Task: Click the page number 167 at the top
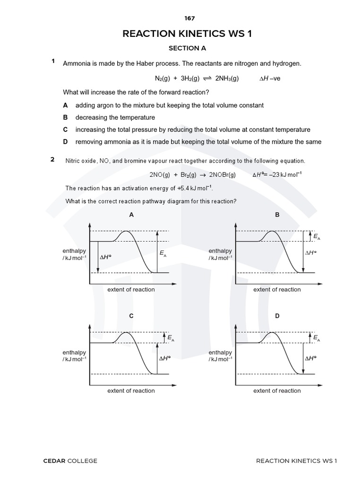pyautogui.click(x=189, y=18)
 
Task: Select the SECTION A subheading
pyautogui.click(x=188, y=48)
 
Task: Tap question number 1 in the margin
pyautogui.click(x=54, y=61)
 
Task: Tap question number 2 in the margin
pyautogui.click(x=52, y=159)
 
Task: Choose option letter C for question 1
pyautogui.click(x=65, y=130)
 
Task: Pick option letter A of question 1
pyautogui.click(x=65, y=105)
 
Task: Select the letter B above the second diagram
pyautogui.click(x=277, y=215)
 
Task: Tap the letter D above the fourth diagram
pyautogui.click(x=277, y=316)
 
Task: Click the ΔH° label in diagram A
pyautogui.click(x=106, y=257)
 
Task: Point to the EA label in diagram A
pyautogui.click(x=163, y=254)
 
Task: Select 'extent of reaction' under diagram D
pyautogui.click(x=277, y=391)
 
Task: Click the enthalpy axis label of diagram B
pyautogui.click(x=220, y=254)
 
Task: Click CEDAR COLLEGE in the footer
pyautogui.click(x=70, y=461)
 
